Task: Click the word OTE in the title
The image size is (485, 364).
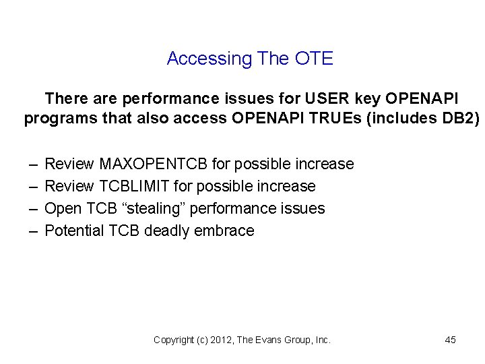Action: (x=314, y=59)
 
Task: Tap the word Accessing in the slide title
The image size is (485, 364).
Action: (x=209, y=59)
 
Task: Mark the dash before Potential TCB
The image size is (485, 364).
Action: (x=33, y=231)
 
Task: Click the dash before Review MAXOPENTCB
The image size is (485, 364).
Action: (x=33, y=164)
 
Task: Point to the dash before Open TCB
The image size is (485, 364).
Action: (x=33, y=208)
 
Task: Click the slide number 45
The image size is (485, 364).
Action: (x=451, y=340)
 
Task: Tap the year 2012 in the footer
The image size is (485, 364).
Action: (x=220, y=340)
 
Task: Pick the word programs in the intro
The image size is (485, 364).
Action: (x=56, y=119)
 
